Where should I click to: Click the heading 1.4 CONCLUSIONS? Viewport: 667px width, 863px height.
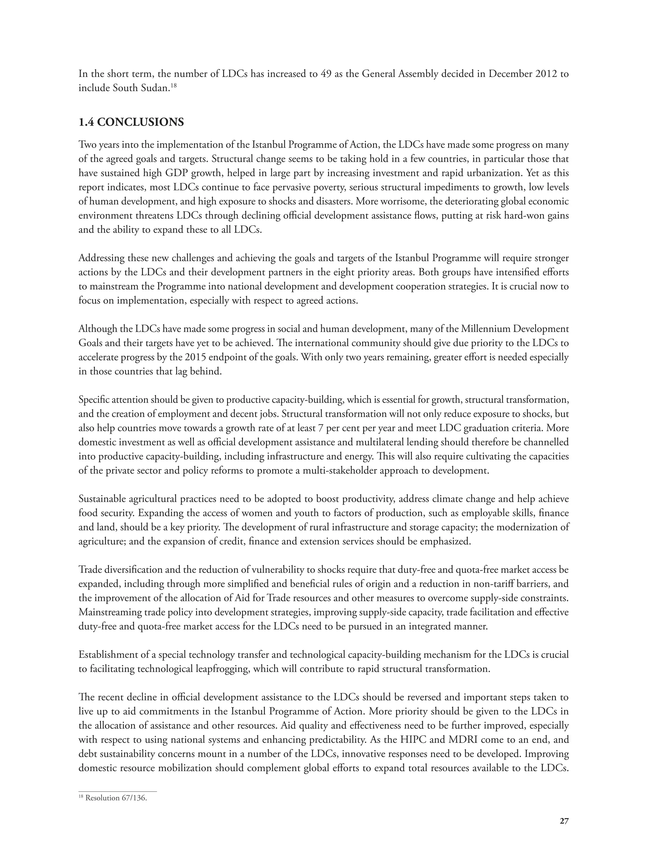(131, 122)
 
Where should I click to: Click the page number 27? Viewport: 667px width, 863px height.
(564, 821)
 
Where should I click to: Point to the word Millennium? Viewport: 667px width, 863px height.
(484, 329)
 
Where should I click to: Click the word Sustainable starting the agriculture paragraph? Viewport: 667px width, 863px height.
(102, 499)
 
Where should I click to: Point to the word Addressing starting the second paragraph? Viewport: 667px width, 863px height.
(101, 258)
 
